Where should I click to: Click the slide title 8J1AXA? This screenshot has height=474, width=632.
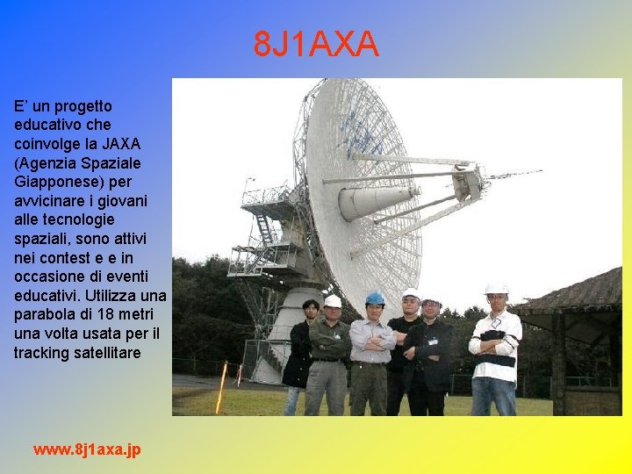316,44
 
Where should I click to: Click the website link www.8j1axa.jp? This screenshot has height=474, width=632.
86,449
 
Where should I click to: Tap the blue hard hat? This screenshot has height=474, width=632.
375,298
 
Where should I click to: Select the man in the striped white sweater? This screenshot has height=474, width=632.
495,351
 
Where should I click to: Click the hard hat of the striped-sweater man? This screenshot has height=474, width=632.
496,288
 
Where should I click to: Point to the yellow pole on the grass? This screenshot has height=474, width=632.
221,388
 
